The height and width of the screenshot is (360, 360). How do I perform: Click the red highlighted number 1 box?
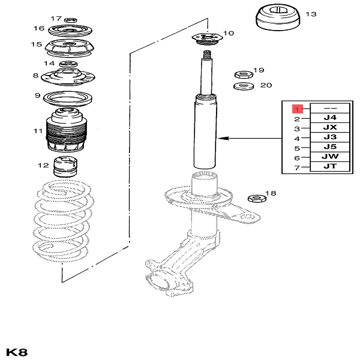[x=296, y=109]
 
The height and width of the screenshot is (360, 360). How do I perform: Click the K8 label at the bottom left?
[x=17, y=351]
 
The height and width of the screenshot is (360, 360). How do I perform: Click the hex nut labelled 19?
[x=243, y=74]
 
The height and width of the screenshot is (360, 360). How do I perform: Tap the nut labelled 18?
[x=257, y=198]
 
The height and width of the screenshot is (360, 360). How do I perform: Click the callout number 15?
[x=37, y=45]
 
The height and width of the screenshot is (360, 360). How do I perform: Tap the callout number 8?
[x=36, y=76]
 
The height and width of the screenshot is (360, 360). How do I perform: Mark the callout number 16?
[x=39, y=28]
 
